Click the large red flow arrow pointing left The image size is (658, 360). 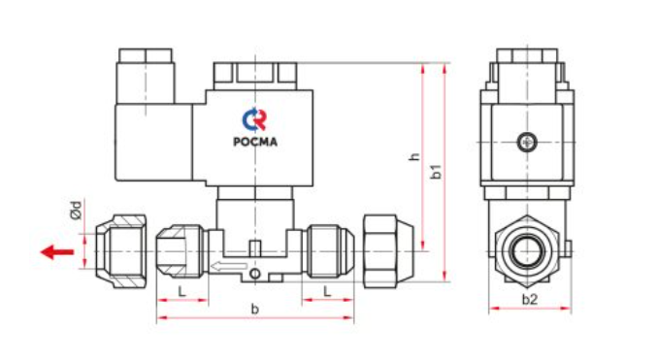coord(57,251)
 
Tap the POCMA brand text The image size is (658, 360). coord(255,142)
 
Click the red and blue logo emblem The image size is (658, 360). coord(254,119)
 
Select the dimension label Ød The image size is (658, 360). coord(76,211)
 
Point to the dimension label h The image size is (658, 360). coord(414,156)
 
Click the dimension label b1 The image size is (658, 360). coord(437,171)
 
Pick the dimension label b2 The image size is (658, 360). coord(530,300)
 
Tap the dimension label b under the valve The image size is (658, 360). coord(254,310)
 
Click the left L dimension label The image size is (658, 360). coord(181,291)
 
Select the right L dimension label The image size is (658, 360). coord(327,291)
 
